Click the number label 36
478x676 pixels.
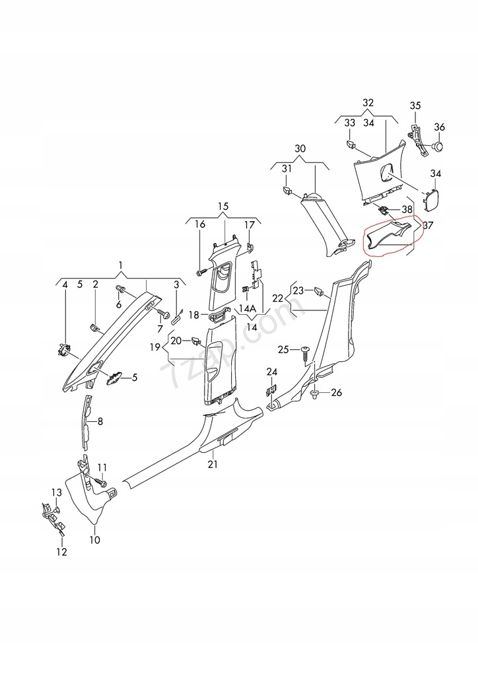(x=440, y=127)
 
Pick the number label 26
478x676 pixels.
(x=337, y=393)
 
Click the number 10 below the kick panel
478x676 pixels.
(x=94, y=539)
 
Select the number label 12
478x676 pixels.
(x=61, y=552)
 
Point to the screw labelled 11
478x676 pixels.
(x=102, y=483)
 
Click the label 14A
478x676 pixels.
(x=247, y=308)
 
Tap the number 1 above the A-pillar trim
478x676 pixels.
(x=120, y=265)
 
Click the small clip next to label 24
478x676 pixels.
(x=270, y=389)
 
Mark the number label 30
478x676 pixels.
(x=300, y=149)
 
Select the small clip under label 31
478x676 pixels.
(x=288, y=191)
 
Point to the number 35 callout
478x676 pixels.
(x=415, y=106)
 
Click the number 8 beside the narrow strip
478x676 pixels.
(x=100, y=421)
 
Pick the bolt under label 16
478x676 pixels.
(x=199, y=271)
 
